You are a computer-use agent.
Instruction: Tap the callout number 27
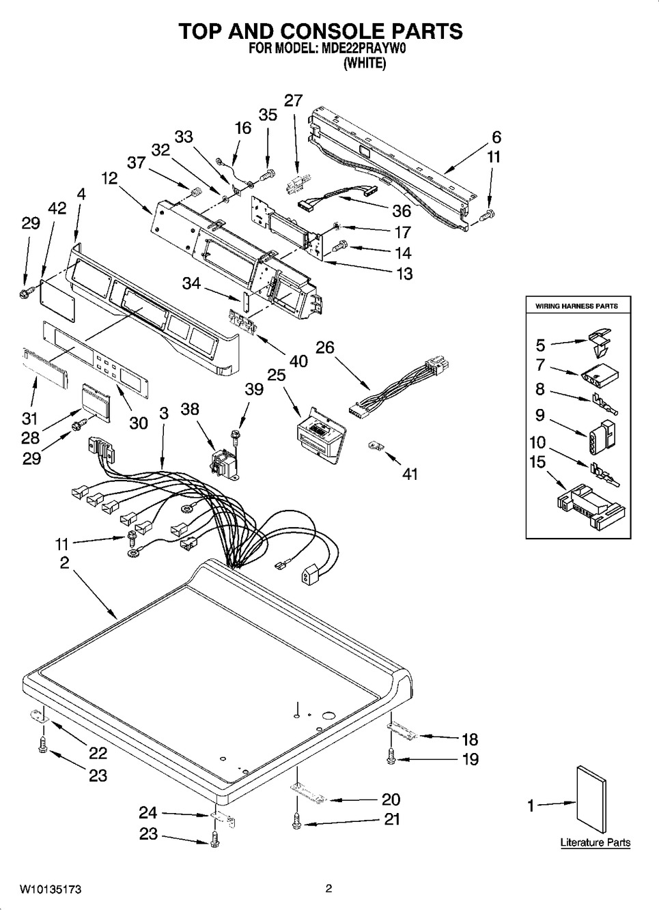point(294,100)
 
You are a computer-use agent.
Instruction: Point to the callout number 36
point(402,211)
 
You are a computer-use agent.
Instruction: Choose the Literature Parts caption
point(595,842)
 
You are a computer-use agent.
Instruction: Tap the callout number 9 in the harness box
point(540,415)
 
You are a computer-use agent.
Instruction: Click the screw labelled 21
point(296,823)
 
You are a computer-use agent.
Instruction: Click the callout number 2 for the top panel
point(65,563)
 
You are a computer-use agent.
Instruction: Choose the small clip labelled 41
point(376,446)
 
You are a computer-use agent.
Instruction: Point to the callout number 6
point(496,137)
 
